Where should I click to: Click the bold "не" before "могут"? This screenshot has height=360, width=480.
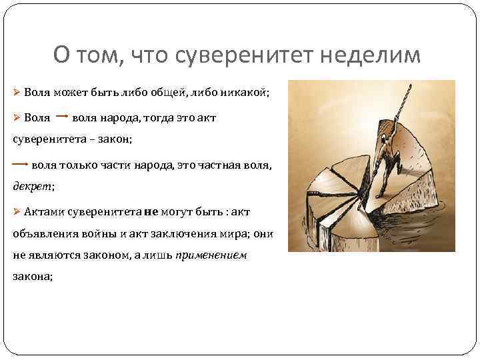(151, 211)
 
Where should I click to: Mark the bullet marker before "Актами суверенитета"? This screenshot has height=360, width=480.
(17, 212)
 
